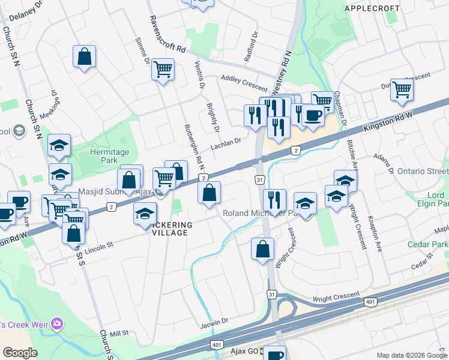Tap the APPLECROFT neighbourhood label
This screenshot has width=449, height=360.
372,8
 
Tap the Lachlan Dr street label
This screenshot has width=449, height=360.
225,143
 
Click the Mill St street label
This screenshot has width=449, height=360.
119,333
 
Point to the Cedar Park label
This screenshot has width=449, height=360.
427,245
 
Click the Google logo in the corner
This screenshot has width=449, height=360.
20,353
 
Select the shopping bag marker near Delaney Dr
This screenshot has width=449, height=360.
85,58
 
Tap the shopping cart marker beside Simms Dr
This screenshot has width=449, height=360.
163,70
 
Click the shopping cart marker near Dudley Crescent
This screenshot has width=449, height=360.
402,90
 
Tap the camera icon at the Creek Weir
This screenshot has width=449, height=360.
58,325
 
